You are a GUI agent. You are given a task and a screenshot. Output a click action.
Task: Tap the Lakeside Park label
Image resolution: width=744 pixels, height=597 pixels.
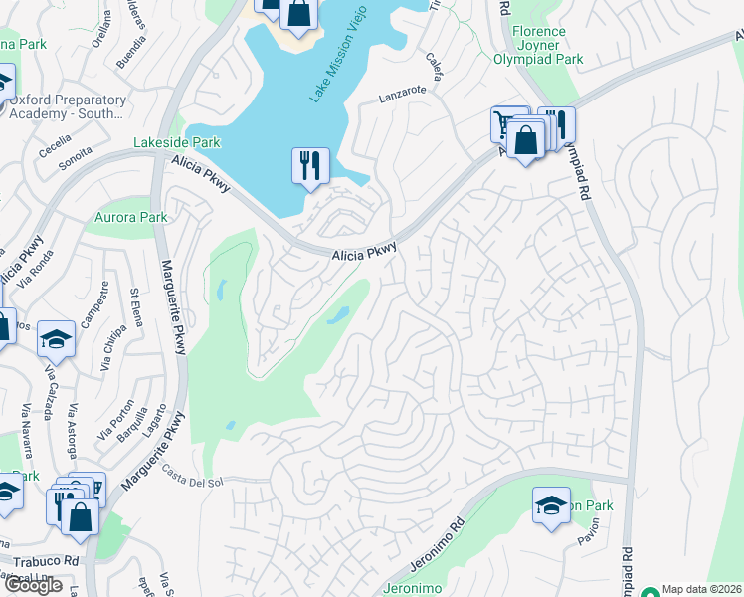tap(177, 143)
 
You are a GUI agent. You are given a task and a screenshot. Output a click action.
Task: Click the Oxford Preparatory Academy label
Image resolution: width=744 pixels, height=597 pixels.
tap(68, 106)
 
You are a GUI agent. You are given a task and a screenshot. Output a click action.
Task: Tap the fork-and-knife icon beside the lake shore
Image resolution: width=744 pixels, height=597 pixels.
tap(310, 165)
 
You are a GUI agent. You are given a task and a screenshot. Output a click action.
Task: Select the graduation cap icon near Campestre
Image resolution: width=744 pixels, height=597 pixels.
tap(57, 339)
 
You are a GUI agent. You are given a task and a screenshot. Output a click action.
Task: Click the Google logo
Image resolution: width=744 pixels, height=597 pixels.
tap(33, 585)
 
